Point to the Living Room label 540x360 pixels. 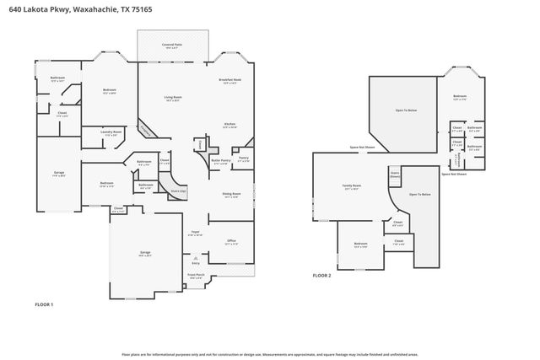174,98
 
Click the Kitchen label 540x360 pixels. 229,125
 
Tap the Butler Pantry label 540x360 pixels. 221,161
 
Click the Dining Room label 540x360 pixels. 231,196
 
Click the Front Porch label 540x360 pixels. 196,276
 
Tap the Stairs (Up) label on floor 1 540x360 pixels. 178,191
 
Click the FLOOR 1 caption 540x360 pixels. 44,304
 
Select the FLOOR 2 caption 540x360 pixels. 322,276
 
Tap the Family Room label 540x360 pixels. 352,186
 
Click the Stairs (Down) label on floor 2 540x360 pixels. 394,175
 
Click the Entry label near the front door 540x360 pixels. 196,264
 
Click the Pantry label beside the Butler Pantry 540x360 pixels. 243,159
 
